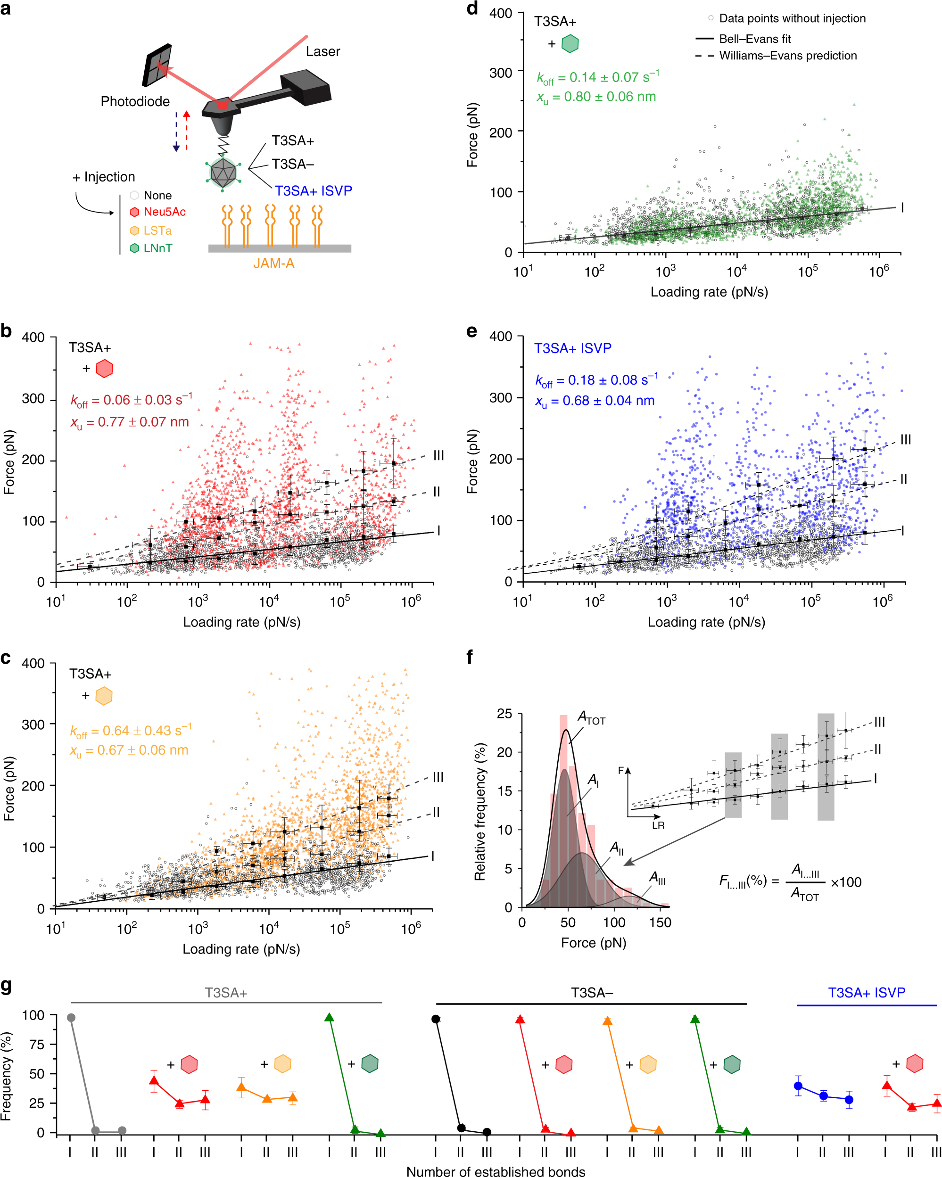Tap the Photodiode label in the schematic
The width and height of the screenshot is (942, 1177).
(x=135, y=101)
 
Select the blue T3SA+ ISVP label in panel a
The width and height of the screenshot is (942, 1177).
(x=313, y=190)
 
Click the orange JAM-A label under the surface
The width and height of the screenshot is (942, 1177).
(x=273, y=263)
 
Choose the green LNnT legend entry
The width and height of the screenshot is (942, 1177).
(x=157, y=248)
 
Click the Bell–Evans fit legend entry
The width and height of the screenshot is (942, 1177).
(x=754, y=39)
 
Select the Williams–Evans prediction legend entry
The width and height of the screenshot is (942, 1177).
(x=787, y=56)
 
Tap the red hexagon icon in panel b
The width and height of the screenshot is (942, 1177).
(x=104, y=369)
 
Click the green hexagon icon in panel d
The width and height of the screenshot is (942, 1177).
(x=570, y=44)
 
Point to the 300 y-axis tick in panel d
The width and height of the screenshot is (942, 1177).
(x=500, y=73)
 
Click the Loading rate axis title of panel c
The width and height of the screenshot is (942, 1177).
(x=241, y=949)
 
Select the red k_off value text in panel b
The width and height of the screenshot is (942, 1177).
(x=131, y=400)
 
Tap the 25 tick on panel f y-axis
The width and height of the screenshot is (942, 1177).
(x=504, y=714)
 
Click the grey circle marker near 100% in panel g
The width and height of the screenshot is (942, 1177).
(x=71, y=1018)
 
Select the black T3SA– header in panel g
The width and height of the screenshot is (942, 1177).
(x=591, y=993)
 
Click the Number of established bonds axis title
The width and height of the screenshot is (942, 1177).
(x=496, y=1171)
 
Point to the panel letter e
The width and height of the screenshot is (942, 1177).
(x=472, y=332)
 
